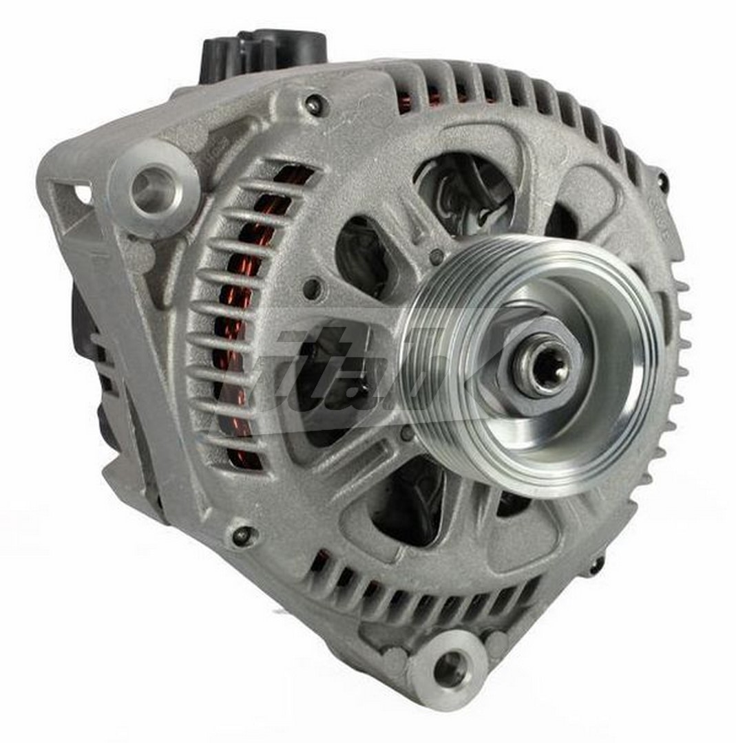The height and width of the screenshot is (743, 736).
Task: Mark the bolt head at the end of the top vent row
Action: pos(662,181)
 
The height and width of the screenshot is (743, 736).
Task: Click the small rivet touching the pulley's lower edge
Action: pos(408,434)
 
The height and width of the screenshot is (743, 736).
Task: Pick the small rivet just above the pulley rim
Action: pos(435,257)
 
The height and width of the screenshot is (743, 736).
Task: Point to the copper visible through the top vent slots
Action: pos(413,103)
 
